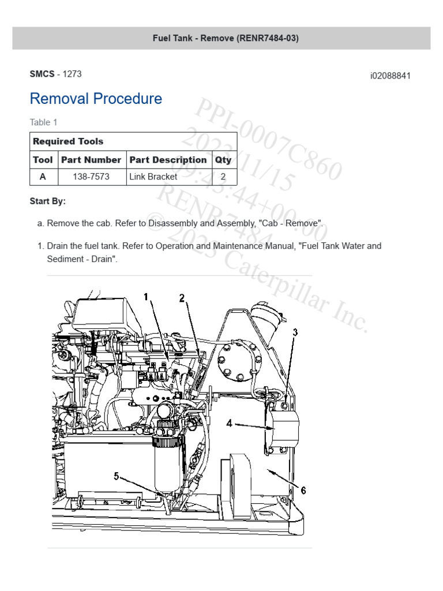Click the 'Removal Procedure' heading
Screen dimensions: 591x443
point(96,99)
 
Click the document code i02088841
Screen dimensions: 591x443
point(390,76)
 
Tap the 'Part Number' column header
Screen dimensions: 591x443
point(91,160)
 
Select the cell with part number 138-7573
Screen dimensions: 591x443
point(91,177)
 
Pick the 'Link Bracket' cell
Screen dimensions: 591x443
point(153,177)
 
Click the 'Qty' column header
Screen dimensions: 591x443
point(223,160)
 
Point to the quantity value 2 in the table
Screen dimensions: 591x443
point(223,177)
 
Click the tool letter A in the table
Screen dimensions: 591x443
point(43,177)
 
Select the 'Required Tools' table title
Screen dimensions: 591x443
point(68,141)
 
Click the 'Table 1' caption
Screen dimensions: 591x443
point(43,122)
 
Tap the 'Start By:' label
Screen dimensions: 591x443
point(47,201)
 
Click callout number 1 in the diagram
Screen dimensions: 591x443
point(147,297)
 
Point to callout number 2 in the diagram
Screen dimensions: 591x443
point(182,298)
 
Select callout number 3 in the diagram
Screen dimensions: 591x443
point(295,332)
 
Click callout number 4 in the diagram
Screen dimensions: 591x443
point(230,423)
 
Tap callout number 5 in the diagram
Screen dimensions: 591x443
point(117,476)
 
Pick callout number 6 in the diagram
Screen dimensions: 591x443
point(303,491)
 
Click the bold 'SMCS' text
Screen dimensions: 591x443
point(42,74)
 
